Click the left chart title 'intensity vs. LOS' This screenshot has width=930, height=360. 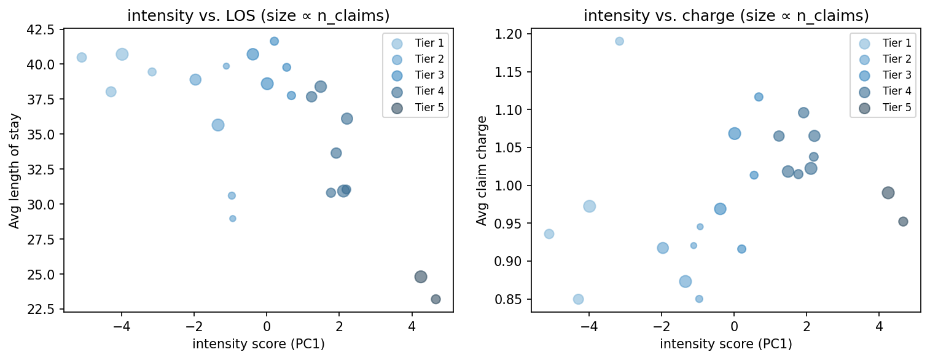[258, 16]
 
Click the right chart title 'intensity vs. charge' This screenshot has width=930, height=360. [725, 16]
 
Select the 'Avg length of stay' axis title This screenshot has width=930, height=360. [14, 170]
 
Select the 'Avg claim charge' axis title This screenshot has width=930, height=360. [482, 170]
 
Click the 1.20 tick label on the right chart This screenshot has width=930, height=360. [512, 34]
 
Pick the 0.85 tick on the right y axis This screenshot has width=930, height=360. [512, 299]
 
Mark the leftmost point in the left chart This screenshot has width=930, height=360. [82, 57]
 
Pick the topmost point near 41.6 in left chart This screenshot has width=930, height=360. [274, 41]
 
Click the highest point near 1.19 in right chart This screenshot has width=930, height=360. [619, 41]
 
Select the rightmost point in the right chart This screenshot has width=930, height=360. [903, 222]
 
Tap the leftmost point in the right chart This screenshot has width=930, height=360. [549, 234]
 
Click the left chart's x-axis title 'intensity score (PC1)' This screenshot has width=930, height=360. [258, 344]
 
